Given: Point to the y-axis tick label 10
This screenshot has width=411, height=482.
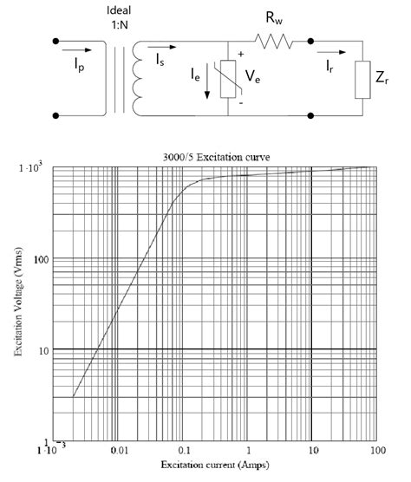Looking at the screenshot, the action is [39, 349].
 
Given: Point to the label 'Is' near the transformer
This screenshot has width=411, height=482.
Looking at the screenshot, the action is [164, 60].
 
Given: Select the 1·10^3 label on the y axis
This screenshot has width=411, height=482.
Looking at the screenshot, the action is [32, 167].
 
